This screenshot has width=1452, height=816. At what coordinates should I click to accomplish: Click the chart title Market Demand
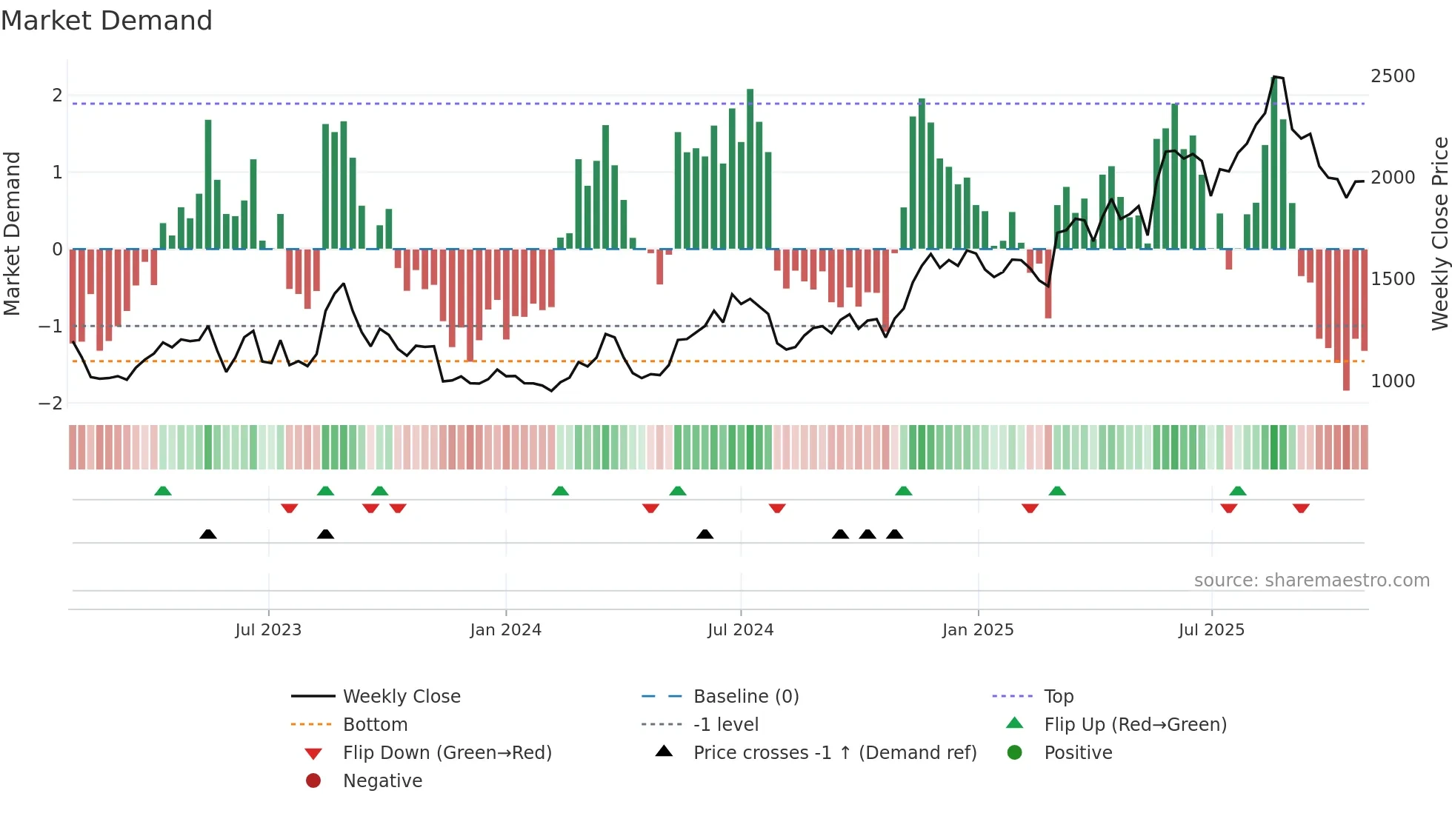[x=107, y=21]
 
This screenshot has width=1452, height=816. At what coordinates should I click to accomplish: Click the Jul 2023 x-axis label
[x=268, y=630]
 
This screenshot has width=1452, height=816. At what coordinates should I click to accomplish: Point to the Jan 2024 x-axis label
[x=505, y=630]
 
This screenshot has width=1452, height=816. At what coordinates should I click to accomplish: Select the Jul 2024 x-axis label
[x=740, y=630]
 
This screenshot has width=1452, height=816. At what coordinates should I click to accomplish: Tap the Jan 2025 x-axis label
[x=977, y=630]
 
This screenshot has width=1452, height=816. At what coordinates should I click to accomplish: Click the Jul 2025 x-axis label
[x=1211, y=630]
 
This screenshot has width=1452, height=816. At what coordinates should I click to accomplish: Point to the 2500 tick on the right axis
[x=1392, y=76]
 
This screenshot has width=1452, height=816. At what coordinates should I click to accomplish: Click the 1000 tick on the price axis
[x=1392, y=381]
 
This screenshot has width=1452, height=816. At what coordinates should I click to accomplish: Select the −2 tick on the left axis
[x=50, y=404]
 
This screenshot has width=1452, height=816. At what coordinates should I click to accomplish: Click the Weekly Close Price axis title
[x=1439, y=233]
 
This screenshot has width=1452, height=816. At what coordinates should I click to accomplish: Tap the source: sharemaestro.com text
[x=1311, y=581]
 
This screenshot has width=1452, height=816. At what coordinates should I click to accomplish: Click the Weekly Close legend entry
[x=401, y=697]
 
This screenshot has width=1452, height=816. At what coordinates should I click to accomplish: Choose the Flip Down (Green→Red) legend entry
[x=447, y=753]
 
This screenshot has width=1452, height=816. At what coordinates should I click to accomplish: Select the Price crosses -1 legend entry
[x=834, y=753]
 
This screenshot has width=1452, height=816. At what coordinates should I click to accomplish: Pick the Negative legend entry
[x=382, y=781]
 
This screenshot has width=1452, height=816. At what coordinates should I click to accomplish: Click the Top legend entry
[x=1058, y=697]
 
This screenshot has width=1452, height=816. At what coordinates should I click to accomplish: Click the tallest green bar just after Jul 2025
[x=1274, y=163]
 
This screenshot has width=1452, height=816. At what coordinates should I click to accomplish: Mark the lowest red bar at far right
[x=1346, y=318]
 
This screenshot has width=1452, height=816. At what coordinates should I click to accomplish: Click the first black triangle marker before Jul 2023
[x=208, y=534]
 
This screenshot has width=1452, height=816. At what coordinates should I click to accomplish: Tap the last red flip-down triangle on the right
[x=1301, y=508]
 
